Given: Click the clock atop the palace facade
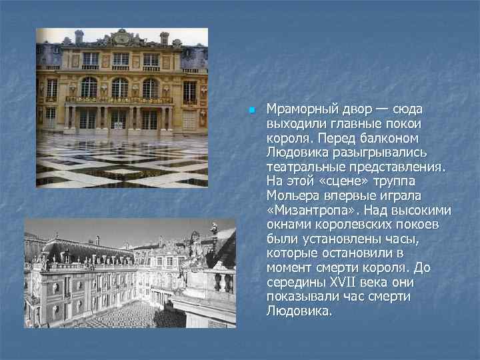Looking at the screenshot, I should point(121,38).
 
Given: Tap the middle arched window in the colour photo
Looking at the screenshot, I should point(120,87).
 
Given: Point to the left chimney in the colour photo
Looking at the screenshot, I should point(79,36).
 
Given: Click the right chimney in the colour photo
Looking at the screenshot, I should point(164,37).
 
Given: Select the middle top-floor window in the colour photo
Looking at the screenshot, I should point(121,59).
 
